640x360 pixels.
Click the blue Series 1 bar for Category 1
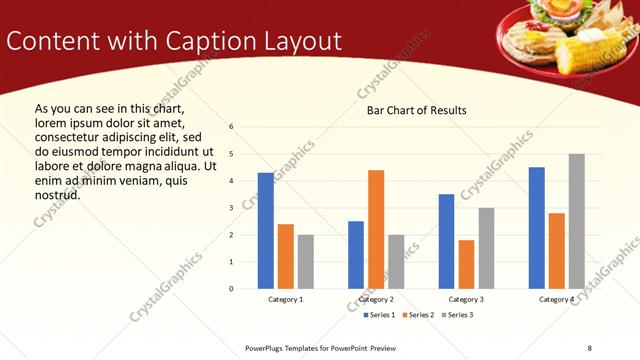[265, 231]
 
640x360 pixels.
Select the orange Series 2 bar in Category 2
[376, 229]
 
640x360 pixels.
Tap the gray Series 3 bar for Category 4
[577, 221]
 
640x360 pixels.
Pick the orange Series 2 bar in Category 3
[466, 264]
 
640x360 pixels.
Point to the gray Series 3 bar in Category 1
[305, 262]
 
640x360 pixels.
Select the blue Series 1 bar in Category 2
[356, 255]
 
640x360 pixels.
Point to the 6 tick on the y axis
[231, 127]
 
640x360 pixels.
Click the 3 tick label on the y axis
[231, 208]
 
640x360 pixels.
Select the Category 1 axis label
[285, 300]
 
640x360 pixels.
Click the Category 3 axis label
[466, 300]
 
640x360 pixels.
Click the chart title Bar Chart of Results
[417, 110]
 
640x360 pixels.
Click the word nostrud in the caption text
[57, 194]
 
